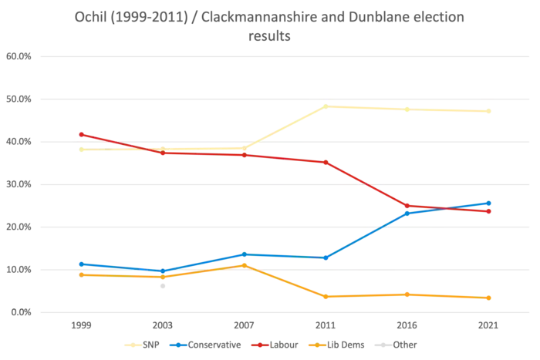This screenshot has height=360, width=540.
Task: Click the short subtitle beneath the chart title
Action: (x=270, y=35)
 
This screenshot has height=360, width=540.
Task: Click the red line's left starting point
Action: (x=79, y=134)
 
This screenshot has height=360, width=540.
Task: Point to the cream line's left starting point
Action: (x=79, y=149)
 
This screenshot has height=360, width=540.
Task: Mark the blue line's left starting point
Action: (x=79, y=264)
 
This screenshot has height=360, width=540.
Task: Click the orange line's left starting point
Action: (x=79, y=273)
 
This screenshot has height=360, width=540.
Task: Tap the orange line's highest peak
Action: (x=244, y=264)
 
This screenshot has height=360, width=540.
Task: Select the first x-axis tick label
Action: (x=79, y=327)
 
